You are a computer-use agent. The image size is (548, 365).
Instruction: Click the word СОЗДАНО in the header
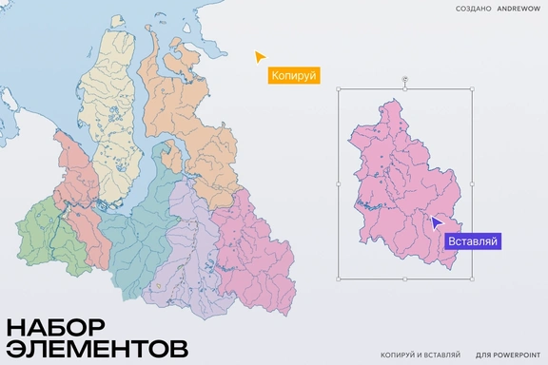[x=473, y=9]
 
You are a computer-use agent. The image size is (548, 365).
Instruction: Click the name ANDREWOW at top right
[x=519, y=9]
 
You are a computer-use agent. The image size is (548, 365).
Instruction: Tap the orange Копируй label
[x=292, y=74]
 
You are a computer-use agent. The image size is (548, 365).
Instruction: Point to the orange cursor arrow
[x=260, y=56]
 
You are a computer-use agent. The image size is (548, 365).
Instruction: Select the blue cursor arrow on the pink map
[x=436, y=222]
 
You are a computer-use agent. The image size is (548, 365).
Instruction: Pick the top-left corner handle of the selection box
[x=338, y=90]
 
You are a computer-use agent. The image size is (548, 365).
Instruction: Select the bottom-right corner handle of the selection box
[x=473, y=279]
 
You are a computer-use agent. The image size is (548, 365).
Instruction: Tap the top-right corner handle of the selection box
[x=473, y=90]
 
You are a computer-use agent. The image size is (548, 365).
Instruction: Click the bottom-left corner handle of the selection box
[x=338, y=279]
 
